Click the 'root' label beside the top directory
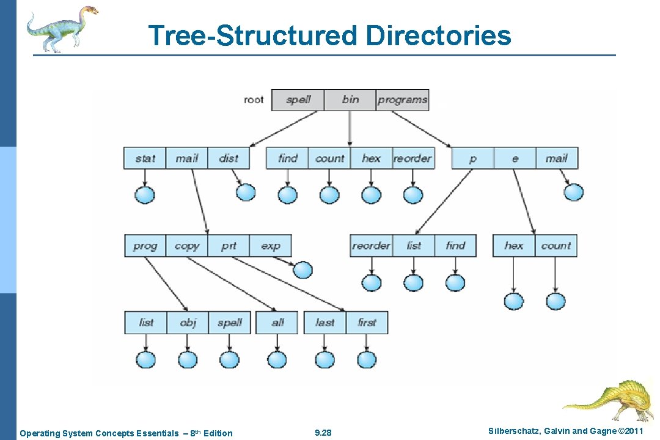click(x=254, y=100)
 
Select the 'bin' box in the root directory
click(x=350, y=100)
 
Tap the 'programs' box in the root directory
click(x=402, y=100)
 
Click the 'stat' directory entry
click(x=145, y=158)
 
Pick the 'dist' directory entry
click(x=229, y=158)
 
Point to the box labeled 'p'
click(x=472, y=158)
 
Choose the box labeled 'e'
click(x=515, y=158)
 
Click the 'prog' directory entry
click(x=145, y=246)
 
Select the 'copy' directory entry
click(x=186, y=246)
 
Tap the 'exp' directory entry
click(x=270, y=246)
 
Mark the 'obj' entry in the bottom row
click(x=188, y=323)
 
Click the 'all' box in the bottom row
click(x=277, y=323)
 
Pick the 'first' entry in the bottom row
click(x=367, y=323)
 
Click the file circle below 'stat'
click(x=145, y=195)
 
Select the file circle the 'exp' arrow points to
click(x=302, y=269)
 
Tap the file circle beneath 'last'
click(x=325, y=359)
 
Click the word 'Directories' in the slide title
click(x=438, y=35)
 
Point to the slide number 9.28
click(x=323, y=433)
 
